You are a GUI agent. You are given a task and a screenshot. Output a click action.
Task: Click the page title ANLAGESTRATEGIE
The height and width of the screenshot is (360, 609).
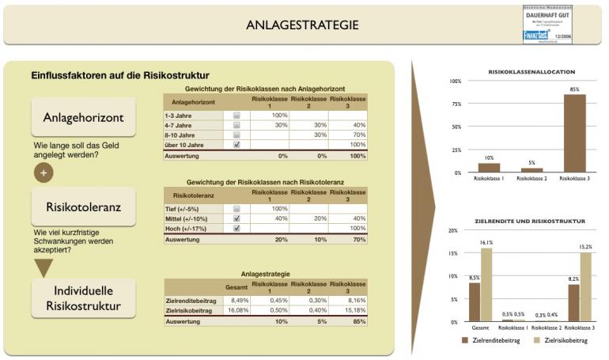[x=302, y=25]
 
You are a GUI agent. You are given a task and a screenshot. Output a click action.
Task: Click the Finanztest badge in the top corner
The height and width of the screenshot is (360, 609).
[x=546, y=25]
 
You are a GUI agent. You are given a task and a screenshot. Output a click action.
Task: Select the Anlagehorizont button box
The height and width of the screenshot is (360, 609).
[x=83, y=118]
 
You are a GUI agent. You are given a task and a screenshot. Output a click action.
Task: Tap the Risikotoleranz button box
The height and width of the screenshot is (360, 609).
[x=83, y=207]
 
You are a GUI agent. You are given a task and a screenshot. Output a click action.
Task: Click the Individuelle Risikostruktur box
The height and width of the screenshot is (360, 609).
[x=83, y=297]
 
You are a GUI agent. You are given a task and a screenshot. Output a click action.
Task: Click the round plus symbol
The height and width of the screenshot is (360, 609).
[x=43, y=172]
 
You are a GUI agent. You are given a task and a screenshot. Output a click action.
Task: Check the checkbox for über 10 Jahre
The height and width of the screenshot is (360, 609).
[x=236, y=145]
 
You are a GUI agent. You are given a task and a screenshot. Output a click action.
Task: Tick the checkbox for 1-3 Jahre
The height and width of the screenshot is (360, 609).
[x=236, y=116]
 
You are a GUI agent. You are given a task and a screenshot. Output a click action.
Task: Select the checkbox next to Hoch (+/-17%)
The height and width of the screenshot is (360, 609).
[x=236, y=228]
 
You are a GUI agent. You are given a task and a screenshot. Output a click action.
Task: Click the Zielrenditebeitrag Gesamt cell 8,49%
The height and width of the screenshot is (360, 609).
[x=236, y=300]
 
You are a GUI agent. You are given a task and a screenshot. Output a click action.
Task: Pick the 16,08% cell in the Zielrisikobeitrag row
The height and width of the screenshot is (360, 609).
[x=236, y=311]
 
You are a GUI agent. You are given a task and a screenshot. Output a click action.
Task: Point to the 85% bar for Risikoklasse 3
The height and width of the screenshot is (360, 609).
[x=574, y=133]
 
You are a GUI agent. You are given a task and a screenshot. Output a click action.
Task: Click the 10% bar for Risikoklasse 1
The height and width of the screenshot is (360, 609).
[x=489, y=167]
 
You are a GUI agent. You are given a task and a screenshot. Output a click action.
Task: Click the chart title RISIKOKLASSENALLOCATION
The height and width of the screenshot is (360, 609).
[x=532, y=71]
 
